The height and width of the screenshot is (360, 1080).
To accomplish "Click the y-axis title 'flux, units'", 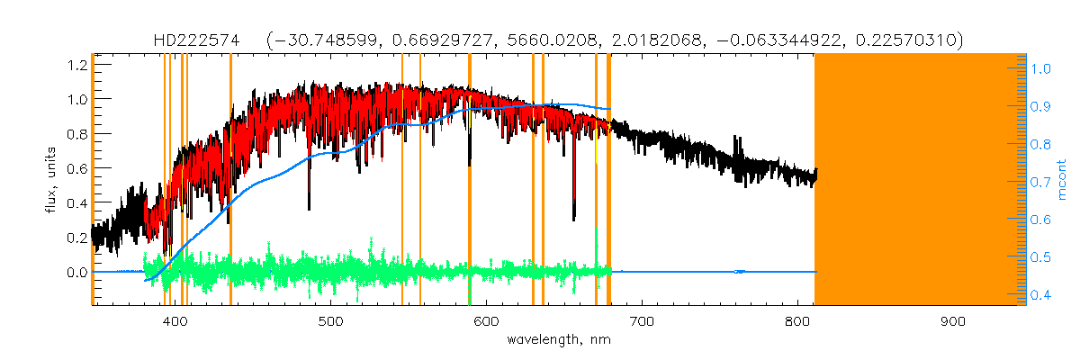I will (x=51, y=180).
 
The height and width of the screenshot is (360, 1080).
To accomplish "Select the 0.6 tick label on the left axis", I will (x=76, y=168).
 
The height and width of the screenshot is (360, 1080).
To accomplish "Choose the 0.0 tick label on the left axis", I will (x=76, y=272).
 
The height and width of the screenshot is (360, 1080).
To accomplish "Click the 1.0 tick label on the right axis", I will (x=1042, y=67).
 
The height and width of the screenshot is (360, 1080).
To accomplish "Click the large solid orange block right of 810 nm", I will (x=918, y=180).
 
